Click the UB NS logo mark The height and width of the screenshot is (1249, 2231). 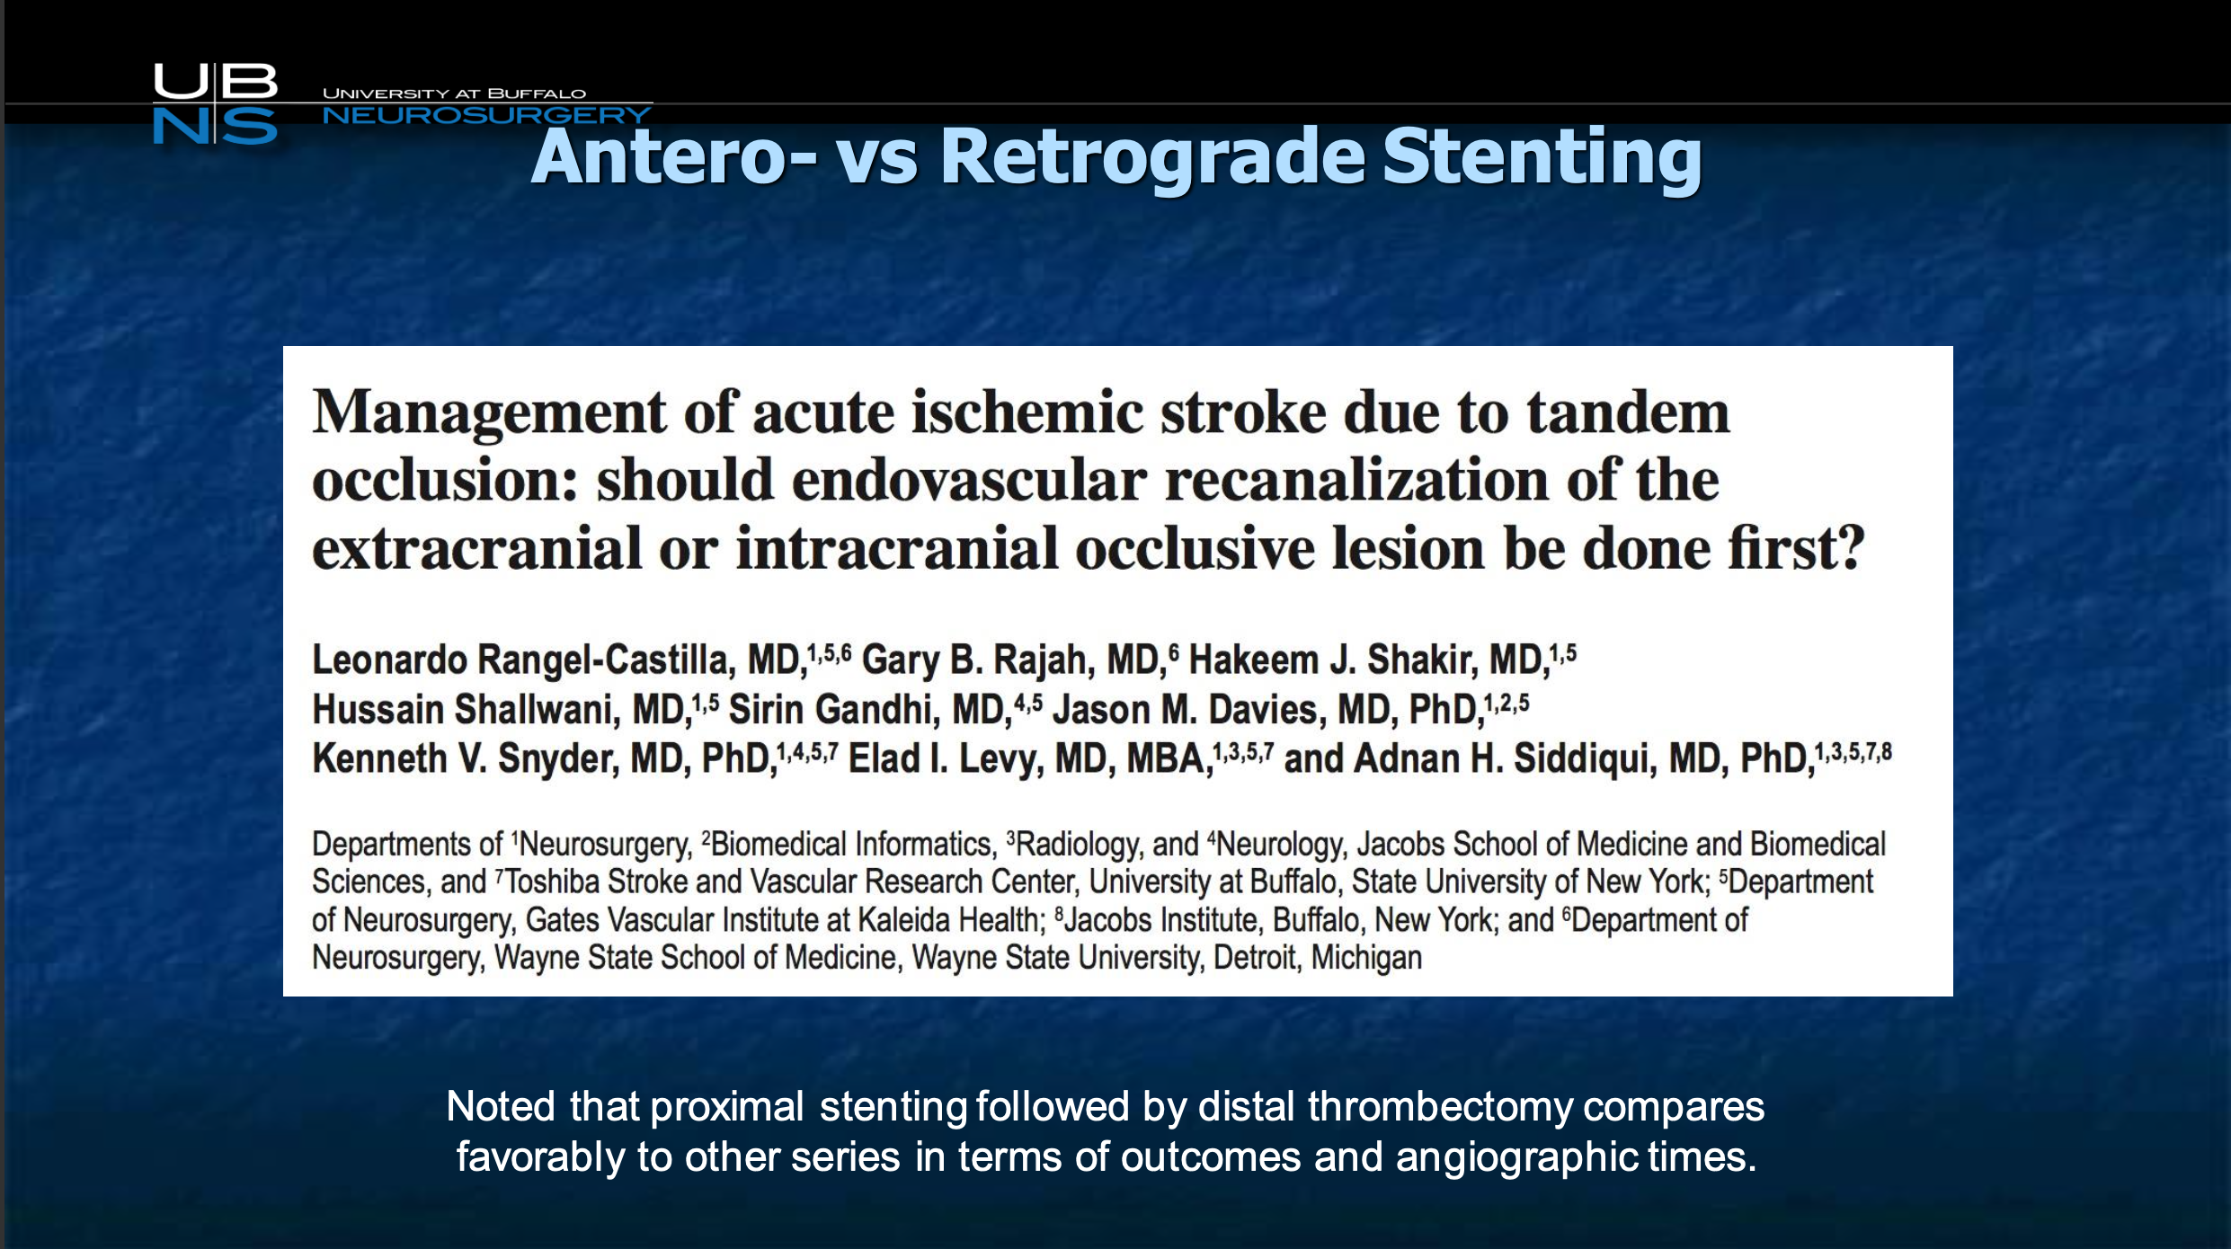[215, 103]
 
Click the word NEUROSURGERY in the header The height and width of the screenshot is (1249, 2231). [486, 115]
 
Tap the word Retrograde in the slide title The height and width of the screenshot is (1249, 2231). [1152, 158]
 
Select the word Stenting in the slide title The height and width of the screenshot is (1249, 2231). [1542, 158]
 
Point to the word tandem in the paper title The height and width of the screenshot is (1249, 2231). [1628, 412]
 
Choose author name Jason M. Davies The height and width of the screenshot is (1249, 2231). [1189, 710]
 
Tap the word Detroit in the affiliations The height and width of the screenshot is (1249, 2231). [1255, 959]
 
